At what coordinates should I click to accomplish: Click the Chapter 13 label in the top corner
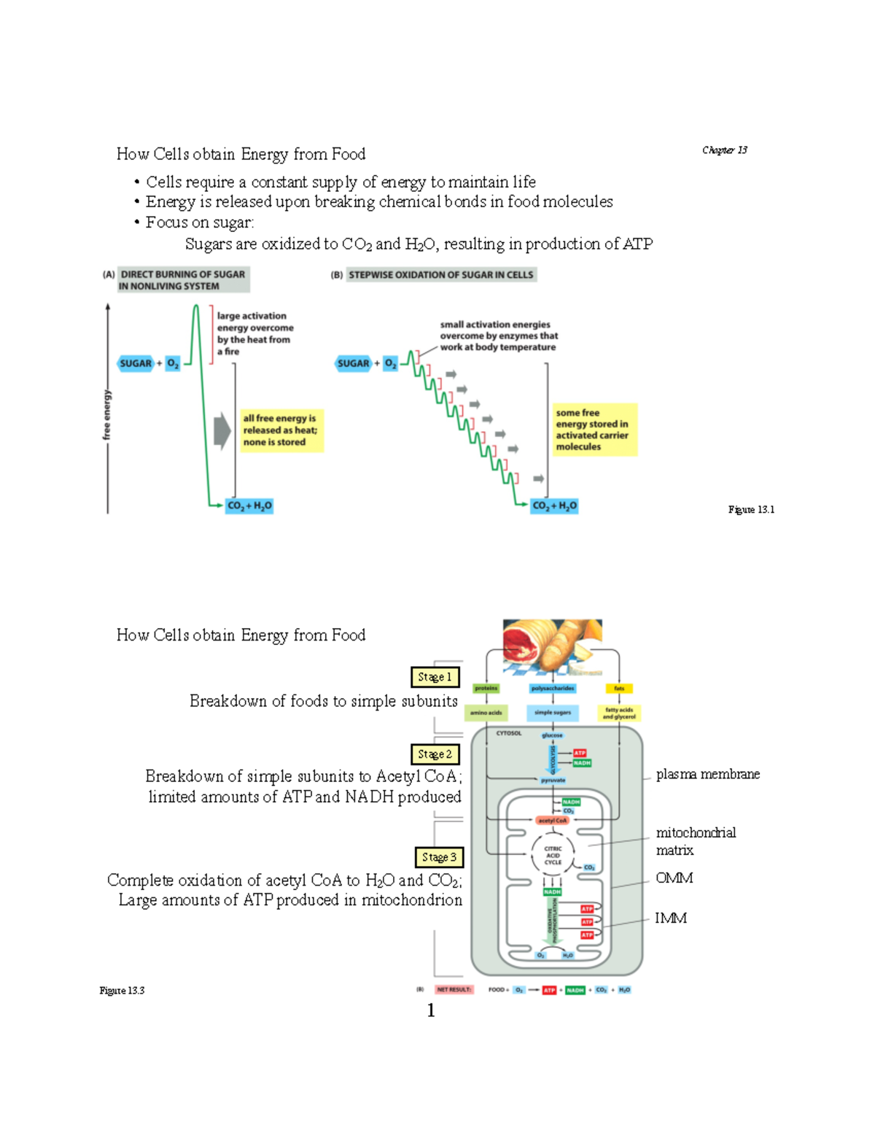pos(724,150)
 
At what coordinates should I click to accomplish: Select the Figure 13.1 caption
pos(750,509)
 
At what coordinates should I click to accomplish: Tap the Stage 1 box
pos(435,677)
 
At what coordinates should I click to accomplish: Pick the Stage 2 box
pos(435,754)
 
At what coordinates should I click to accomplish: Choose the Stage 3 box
pos(439,856)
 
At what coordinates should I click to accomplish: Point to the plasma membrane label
pos(707,774)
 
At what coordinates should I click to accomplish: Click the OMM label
pos(674,878)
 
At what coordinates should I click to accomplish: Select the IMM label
pos(670,918)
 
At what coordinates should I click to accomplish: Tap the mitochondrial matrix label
pos(695,841)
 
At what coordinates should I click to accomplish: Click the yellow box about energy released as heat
pos(281,430)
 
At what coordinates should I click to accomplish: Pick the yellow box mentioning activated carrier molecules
pos(594,430)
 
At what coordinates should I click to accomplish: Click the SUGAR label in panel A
pos(136,363)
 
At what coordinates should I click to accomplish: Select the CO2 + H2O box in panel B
pos(554,506)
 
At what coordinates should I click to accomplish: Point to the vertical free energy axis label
pos(107,414)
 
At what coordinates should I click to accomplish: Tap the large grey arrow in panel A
pos(222,430)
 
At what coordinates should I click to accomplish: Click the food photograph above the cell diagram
pos(552,645)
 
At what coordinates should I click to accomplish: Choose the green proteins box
pos(486,688)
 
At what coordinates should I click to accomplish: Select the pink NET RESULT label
pos(454,990)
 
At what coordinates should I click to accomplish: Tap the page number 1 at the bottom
pos(431,1010)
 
